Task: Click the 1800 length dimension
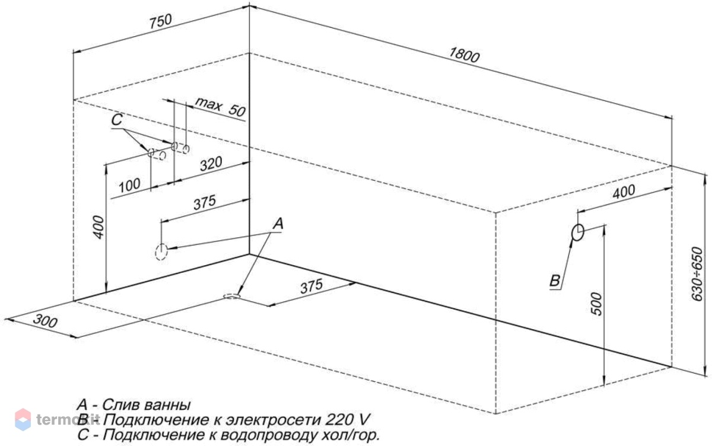[464, 55]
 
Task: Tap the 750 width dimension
[161, 21]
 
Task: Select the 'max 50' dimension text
[220, 106]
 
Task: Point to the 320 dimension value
[211, 164]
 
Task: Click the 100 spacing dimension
[130, 185]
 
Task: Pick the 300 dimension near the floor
[45, 321]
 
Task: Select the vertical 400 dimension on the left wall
[98, 227]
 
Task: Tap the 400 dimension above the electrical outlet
[624, 192]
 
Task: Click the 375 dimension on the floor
[311, 286]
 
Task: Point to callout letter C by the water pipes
[117, 120]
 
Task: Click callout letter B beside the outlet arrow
[555, 281]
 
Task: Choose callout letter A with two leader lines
[278, 224]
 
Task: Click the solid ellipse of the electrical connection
[577, 232]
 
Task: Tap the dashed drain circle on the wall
[161, 252]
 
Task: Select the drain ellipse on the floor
[232, 297]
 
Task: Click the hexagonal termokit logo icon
[23, 419]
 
